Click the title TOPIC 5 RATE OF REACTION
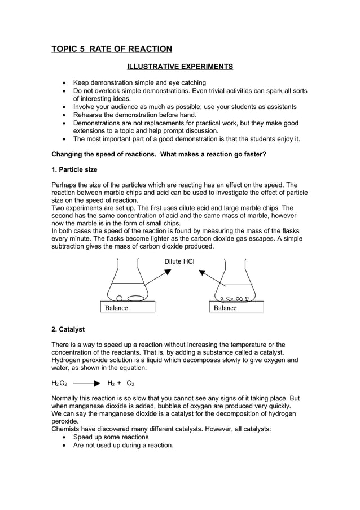112,49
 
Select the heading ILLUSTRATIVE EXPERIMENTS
179,67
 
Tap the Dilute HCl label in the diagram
179,261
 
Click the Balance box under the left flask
128,308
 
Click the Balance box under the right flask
236,308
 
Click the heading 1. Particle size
74,169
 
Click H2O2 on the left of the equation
59,383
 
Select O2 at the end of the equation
130,383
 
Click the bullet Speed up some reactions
111,437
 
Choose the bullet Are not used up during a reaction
123,445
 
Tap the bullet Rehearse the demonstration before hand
134,115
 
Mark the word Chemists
67,429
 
